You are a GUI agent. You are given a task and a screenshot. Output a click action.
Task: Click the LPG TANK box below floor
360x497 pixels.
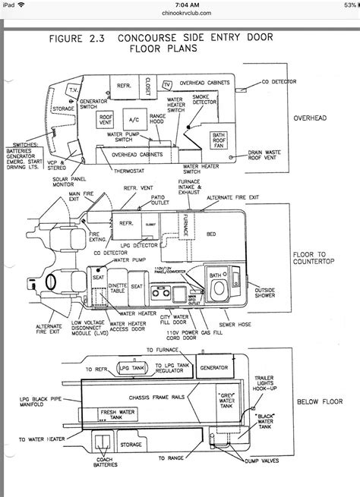pyautogui.click(x=115, y=368)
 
